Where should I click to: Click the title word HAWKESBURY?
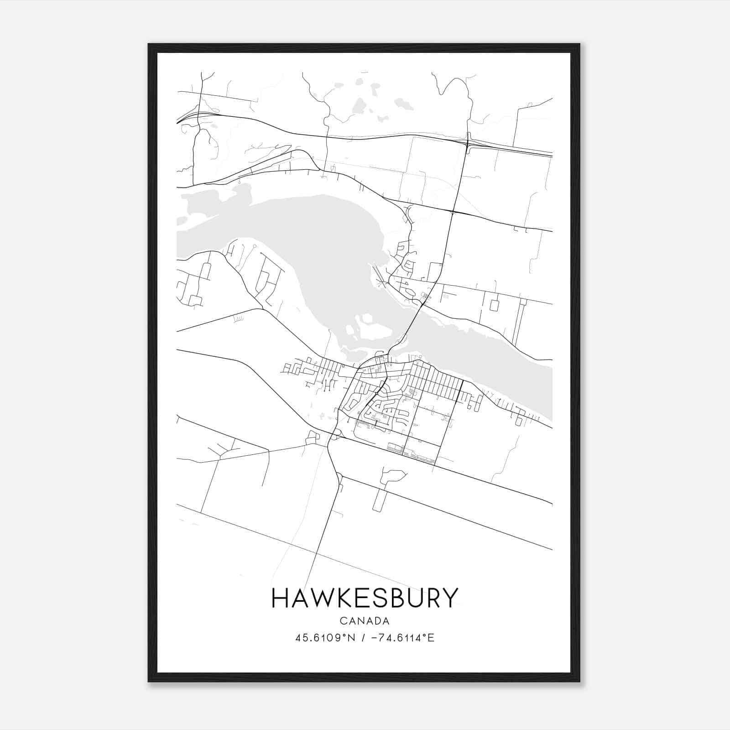tap(365, 598)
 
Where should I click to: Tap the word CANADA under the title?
tap(365, 620)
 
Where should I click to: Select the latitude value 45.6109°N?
tap(325, 637)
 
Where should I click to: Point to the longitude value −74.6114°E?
tap(403, 637)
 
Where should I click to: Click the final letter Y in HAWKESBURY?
tap(448, 598)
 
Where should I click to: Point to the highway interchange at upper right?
tap(468, 142)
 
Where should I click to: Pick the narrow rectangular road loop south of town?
tap(379, 500)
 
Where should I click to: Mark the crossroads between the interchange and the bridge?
tap(452, 212)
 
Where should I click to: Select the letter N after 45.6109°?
tap(351, 637)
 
